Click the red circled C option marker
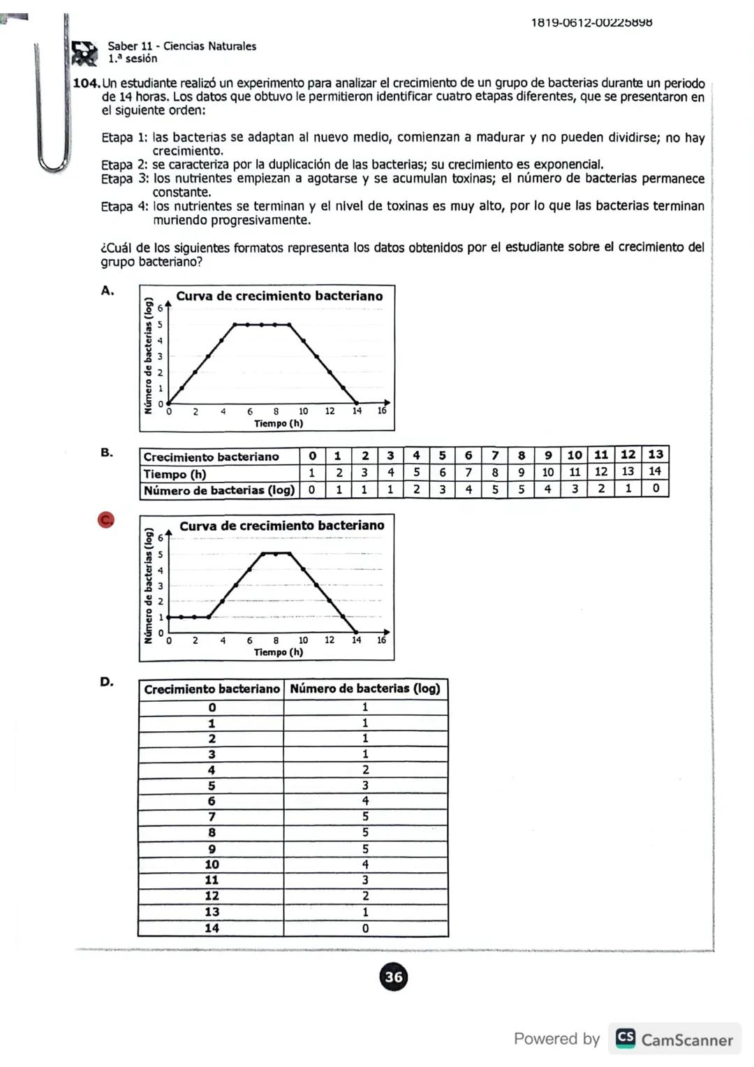click(x=105, y=520)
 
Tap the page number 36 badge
click(x=394, y=976)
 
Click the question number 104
click(x=87, y=84)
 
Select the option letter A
click(x=107, y=290)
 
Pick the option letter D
click(x=107, y=682)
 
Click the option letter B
click(x=107, y=452)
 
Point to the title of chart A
click(x=279, y=296)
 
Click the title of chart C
click(x=281, y=526)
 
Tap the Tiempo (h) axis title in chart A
click(x=279, y=423)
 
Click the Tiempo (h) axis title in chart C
click(x=279, y=652)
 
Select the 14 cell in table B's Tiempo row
click(x=655, y=471)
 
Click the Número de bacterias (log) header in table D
click(x=365, y=689)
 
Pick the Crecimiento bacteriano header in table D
click(x=212, y=689)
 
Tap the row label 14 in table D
click(x=212, y=928)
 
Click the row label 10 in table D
click(x=212, y=864)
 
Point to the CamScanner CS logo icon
click(x=626, y=1038)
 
